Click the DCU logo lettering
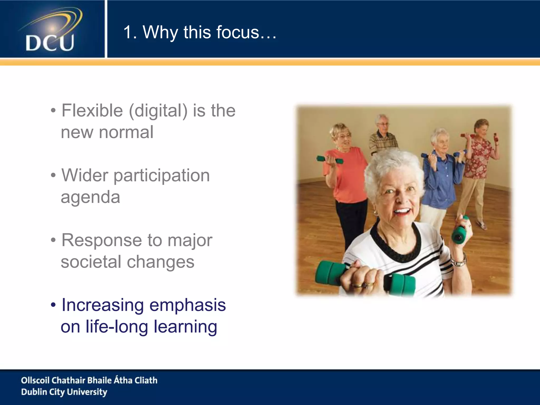pyautogui.click(x=50, y=43)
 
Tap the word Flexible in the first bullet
pyautogui.click(x=92, y=110)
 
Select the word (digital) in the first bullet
pyautogui.click(x=158, y=111)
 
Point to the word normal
pyautogui.click(x=126, y=132)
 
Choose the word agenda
pyautogui.click(x=90, y=197)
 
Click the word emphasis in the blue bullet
pyautogui.click(x=187, y=305)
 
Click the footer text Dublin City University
pyautogui.click(x=64, y=392)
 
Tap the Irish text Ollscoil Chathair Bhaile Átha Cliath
pyautogui.click(x=89, y=380)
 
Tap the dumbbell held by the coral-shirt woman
pyautogui.click(x=330, y=160)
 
